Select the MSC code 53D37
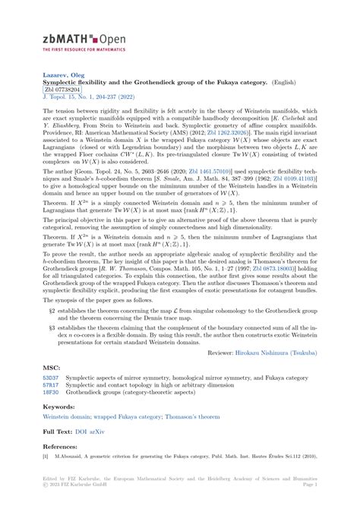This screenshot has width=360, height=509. click(51, 378)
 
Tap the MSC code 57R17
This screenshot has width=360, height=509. click(51, 385)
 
